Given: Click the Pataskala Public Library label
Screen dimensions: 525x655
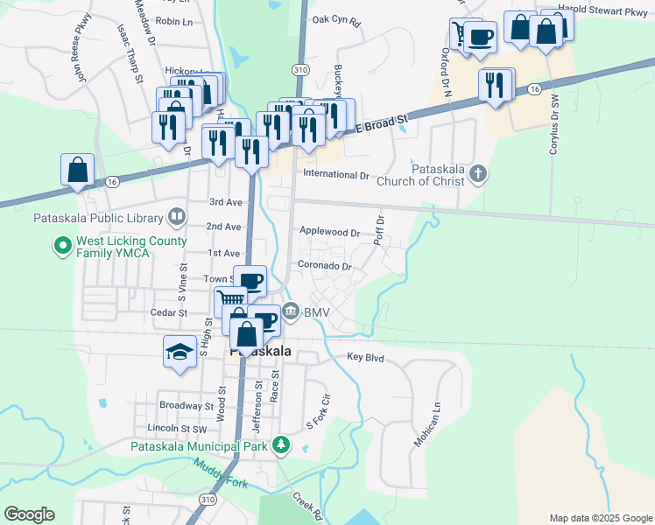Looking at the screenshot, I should click(98, 218).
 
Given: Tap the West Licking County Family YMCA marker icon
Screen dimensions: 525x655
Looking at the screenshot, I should click(62, 248).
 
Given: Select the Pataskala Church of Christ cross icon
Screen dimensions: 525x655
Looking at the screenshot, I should click(477, 173).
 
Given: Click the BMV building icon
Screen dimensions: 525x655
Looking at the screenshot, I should click(291, 311).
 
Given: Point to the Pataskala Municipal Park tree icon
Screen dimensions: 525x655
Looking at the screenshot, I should click(280, 446).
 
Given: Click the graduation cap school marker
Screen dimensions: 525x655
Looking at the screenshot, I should click(180, 353).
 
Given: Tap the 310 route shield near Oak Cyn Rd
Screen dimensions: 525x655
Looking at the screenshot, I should click(301, 68).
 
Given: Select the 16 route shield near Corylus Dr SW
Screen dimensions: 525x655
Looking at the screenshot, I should click(534, 90).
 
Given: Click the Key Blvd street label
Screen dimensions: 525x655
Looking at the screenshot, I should click(366, 357).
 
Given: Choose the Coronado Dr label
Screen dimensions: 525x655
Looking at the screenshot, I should click(324, 266).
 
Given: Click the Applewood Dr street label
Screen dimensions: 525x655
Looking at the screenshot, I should click(330, 233).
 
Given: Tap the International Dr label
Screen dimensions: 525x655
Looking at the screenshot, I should click(335, 175).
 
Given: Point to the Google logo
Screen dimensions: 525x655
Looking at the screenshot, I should click(30, 514).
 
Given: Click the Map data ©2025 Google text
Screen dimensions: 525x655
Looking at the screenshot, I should click(599, 518).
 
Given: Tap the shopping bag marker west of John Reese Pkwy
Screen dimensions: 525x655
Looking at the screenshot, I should click(77, 170).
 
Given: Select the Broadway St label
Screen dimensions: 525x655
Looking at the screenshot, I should click(187, 406).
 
